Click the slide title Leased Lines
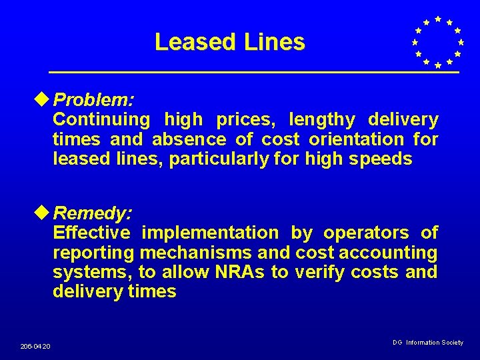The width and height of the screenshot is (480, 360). coord(229,43)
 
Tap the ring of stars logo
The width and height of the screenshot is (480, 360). coord(437,42)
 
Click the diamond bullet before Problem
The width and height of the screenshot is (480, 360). coord(45,100)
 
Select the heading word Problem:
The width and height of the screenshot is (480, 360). coord(94,101)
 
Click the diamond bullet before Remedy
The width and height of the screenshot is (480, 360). coord(45,213)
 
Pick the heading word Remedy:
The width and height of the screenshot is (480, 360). coord(93,214)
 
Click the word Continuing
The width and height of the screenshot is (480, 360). coord(101,120)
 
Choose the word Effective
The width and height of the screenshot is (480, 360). coord(91,233)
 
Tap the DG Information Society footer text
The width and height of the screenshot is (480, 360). coord(428,342)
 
